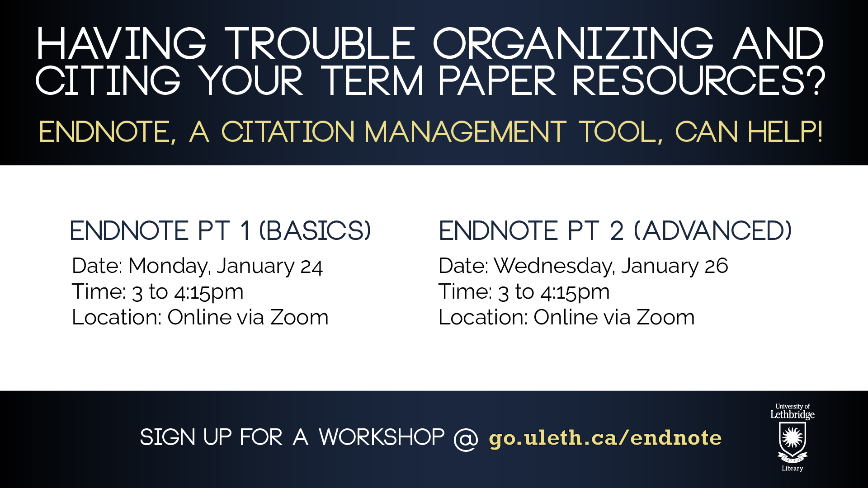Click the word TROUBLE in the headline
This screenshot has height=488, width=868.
[x=320, y=44]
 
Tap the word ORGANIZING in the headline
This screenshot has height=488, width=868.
[x=573, y=44]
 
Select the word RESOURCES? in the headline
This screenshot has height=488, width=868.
[x=699, y=81]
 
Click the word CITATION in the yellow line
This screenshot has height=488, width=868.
[x=288, y=132]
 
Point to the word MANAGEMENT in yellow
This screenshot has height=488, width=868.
[x=465, y=132]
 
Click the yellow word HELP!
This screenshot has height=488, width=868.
[x=785, y=132]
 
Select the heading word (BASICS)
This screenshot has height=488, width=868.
[x=315, y=230]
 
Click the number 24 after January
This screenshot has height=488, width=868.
[x=311, y=267]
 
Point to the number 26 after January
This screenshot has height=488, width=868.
[x=716, y=266]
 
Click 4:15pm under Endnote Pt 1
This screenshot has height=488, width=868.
[x=209, y=293]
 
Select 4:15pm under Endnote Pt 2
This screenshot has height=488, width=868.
[x=575, y=293]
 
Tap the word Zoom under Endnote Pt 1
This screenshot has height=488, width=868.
[x=299, y=317]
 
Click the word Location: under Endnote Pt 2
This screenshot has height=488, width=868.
[x=483, y=317]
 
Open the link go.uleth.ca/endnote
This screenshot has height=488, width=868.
[x=605, y=438]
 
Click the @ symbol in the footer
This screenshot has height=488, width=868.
[x=466, y=439]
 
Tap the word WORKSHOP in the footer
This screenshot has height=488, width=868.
[x=382, y=437]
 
